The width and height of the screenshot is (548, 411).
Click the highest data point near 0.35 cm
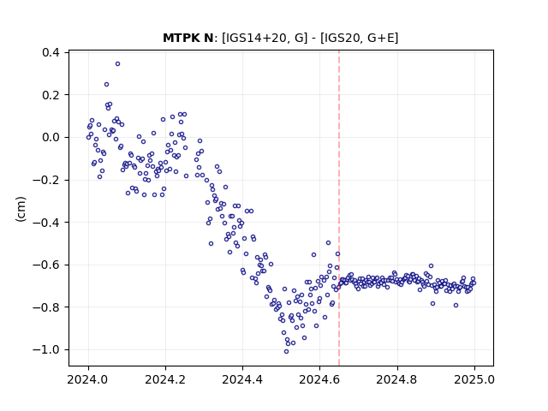pyautogui.click(x=118, y=64)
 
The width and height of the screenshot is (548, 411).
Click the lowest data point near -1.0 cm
pyautogui.click(x=286, y=352)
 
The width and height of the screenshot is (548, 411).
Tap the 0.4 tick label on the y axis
pyautogui.click(x=51, y=52)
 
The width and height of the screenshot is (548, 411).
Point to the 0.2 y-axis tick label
pyautogui.click(x=51, y=95)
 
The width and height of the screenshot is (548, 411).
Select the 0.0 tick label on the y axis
pyautogui.click(x=51, y=137)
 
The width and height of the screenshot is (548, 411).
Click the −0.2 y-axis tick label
pyautogui.click(x=46, y=180)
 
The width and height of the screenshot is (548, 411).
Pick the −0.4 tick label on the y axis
pyautogui.click(x=46, y=223)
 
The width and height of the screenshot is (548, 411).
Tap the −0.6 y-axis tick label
pyautogui.click(x=46, y=265)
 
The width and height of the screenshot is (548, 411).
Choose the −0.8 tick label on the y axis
pyautogui.click(x=46, y=307)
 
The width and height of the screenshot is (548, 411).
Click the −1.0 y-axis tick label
pyautogui.click(x=46, y=350)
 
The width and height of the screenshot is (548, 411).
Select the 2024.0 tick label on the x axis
pyautogui.click(x=88, y=379)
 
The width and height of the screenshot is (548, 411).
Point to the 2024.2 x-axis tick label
pyautogui.click(x=165, y=379)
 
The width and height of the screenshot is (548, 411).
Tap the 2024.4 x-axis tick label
pyautogui.click(x=242, y=379)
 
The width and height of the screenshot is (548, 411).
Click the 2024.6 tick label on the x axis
pyautogui.click(x=319, y=379)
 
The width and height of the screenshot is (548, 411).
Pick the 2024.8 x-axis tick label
pyautogui.click(x=397, y=379)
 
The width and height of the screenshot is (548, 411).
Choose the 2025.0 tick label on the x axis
pyautogui.click(x=474, y=379)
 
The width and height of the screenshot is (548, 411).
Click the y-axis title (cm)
pyautogui.click(x=21, y=209)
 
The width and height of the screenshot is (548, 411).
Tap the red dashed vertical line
pyautogui.click(x=339, y=208)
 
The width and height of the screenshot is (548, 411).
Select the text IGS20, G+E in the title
pyautogui.click(x=359, y=38)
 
